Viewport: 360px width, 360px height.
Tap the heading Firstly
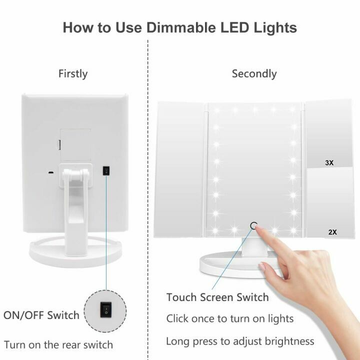tap(73, 73)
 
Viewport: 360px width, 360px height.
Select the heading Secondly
tap(254, 73)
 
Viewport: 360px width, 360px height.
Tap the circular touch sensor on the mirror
tap(254, 225)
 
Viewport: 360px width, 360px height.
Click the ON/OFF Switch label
tap(41, 315)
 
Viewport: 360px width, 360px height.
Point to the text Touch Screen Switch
tap(217, 297)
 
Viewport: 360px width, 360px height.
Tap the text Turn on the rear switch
tap(58, 344)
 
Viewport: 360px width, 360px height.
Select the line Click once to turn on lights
tap(230, 318)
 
